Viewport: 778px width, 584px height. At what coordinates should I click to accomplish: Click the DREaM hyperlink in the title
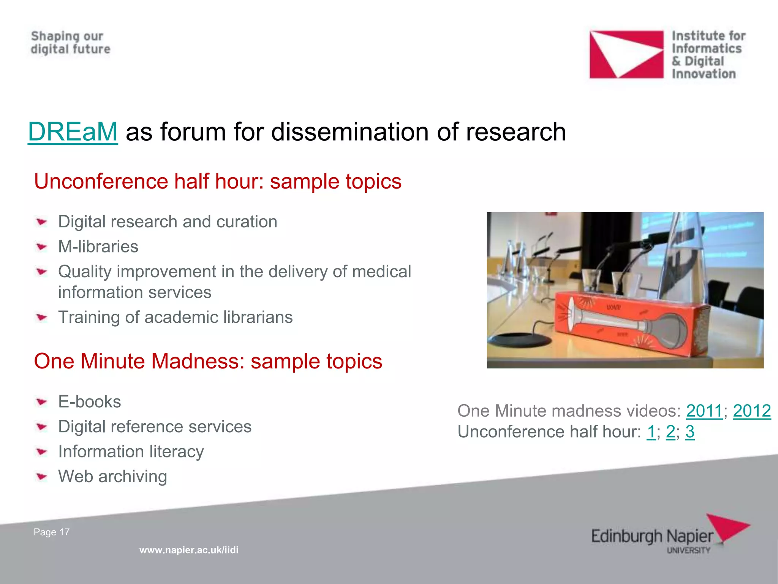pos(73,132)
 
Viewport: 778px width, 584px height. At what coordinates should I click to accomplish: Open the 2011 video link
pos(704,411)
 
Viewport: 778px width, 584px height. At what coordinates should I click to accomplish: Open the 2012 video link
pos(751,411)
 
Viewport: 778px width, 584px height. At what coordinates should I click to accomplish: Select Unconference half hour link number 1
pos(651,432)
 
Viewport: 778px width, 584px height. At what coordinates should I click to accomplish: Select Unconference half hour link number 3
pos(690,432)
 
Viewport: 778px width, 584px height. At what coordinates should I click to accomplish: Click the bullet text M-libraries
pos(98,247)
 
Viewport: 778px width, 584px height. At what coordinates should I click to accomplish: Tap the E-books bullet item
pos(89,402)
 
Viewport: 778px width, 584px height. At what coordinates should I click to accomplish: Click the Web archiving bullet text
pos(112,476)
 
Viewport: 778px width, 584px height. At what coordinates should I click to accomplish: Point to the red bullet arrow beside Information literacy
pos(41,452)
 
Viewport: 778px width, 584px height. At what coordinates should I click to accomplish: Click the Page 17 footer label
pos(52,532)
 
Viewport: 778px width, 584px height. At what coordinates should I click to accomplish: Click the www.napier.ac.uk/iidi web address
pos(189,550)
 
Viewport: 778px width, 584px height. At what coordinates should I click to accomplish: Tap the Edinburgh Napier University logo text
pos(652,537)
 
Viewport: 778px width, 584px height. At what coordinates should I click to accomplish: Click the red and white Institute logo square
pos(626,54)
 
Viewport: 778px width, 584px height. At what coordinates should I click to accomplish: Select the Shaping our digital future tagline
pos(70,43)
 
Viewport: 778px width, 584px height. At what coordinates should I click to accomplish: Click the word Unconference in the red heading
pos(101,181)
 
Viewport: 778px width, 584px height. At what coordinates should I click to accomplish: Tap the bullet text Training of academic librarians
pos(175,317)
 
